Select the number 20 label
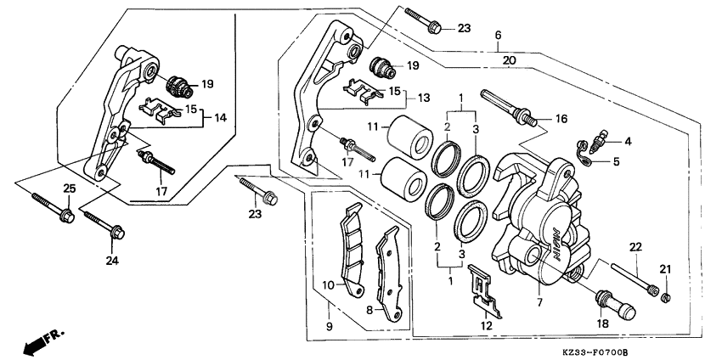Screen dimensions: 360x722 tap(509, 60)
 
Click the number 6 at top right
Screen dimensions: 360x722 tap(499, 35)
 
